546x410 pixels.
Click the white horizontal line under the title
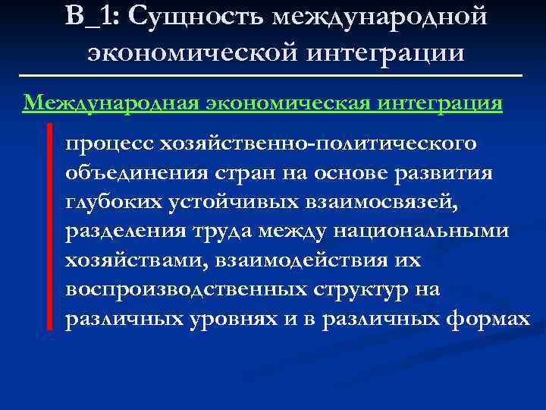click(272, 76)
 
